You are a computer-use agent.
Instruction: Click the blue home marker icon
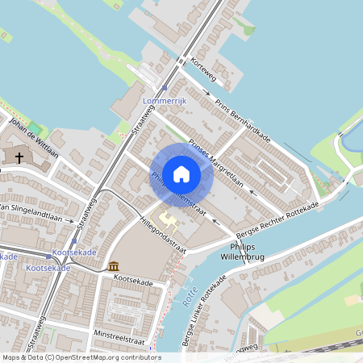click(181, 174)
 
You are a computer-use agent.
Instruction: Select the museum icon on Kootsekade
click(113, 265)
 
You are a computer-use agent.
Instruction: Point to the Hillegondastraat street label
click(162, 234)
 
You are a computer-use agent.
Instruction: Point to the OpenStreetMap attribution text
click(81, 357)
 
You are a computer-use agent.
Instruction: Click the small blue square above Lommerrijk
click(165, 89)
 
